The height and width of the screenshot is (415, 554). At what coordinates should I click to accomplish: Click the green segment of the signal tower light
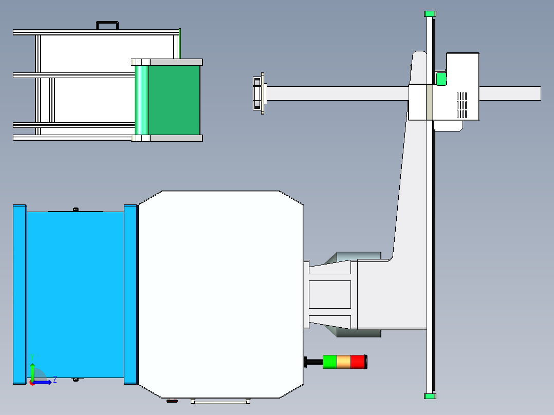[x=329, y=362]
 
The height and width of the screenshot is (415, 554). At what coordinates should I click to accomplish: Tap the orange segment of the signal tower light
[x=343, y=362]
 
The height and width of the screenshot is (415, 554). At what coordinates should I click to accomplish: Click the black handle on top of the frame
[x=107, y=24]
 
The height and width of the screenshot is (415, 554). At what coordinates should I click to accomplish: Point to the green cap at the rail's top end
[x=430, y=14]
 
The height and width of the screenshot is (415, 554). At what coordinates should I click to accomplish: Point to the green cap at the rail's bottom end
[x=430, y=395]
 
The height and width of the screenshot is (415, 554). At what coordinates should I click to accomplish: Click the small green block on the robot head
[x=441, y=79]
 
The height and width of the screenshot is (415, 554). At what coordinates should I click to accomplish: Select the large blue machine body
[x=75, y=295]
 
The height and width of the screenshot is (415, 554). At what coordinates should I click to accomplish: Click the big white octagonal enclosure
[x=220, y=294]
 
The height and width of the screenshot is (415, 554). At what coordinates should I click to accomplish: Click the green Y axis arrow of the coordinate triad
[x=32, y=368]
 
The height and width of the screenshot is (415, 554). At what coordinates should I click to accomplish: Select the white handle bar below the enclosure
[x=221, y=402]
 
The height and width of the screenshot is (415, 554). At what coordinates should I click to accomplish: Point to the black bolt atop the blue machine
[x=76, y=209]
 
